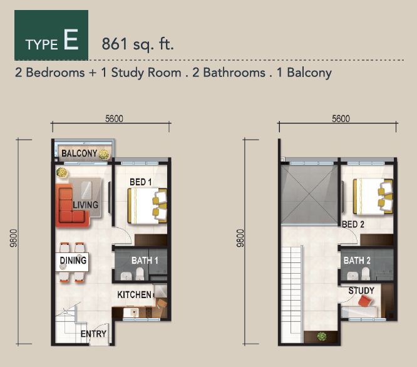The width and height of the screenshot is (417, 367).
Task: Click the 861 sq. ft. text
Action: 138,44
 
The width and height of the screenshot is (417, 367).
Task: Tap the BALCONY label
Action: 80,153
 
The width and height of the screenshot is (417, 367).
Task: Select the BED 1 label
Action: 141,182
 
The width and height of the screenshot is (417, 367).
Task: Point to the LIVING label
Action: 86,205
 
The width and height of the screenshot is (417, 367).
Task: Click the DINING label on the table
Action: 73,260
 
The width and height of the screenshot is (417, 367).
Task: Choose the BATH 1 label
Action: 145,261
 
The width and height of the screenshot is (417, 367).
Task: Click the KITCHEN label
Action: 134,294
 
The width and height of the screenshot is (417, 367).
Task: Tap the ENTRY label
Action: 93,334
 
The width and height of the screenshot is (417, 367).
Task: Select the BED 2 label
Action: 353,224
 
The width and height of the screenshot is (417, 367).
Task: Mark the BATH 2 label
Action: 357,261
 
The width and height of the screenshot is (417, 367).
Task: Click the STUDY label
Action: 361,291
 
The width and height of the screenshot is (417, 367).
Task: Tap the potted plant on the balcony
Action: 104,155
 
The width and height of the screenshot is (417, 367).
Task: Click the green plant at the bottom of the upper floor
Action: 322,337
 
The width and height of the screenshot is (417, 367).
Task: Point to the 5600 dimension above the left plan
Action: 114,118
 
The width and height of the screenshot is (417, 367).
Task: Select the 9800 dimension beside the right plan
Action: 240,238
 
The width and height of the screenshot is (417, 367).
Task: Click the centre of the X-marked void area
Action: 309,195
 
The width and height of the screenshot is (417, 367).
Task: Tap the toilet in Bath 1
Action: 140,274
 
